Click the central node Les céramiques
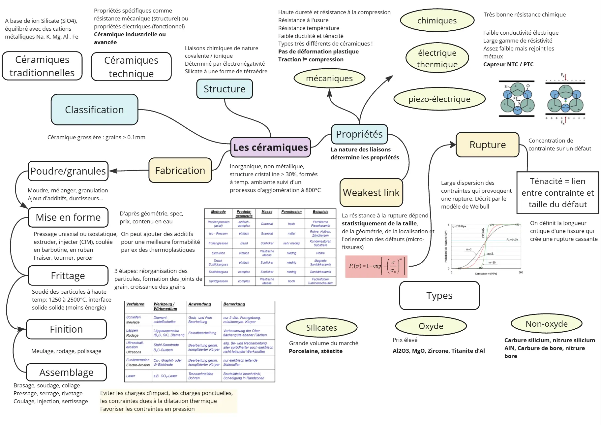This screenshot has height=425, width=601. pos(270,147)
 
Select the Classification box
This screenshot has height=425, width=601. pos(94,110)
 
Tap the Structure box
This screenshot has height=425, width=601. pos(225,89)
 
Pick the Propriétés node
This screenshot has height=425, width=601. pos(359,134)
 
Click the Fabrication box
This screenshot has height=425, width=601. pos(180,170)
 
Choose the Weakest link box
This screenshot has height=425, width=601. pos(371,192)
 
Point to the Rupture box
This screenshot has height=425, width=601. pos(487,145)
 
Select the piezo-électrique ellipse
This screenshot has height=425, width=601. pos(439,99)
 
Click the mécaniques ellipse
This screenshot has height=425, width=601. pos(329,78)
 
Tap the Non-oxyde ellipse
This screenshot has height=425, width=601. pos(546,324)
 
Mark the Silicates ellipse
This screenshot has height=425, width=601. pos(321,328)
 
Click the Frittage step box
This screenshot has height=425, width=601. pos(68,276)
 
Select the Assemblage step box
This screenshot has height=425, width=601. pos(66,372)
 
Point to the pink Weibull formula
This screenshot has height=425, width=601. pos(376,266)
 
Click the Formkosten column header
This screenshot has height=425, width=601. pos(291,212)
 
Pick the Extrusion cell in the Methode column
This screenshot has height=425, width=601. pos(218,253)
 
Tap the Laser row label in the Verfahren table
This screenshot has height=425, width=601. pos(131,376)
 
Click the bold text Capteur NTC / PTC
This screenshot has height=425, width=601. pos(508,64)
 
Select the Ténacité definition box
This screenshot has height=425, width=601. pos(557,193)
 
